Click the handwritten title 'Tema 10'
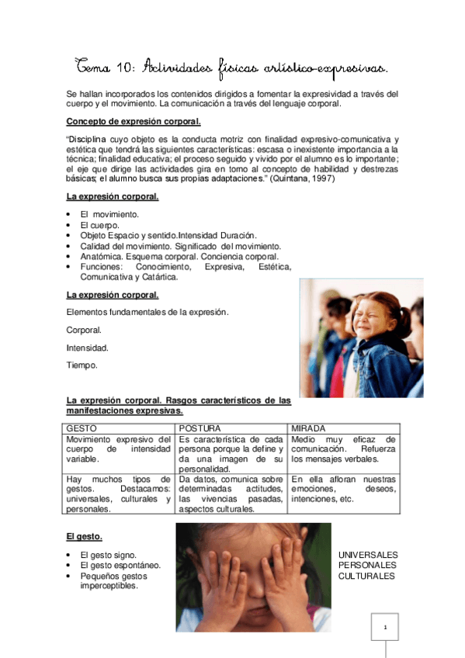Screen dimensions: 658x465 click(x=102, y=68)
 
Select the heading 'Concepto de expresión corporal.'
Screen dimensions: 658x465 click(x=134, y=122)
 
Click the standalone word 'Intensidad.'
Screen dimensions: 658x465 click(x=88, y=348)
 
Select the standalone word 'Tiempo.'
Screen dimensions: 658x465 click(x=82, y=365)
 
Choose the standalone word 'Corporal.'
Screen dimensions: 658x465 click(x=85, y=330)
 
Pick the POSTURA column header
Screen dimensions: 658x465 click(x=200, y=428)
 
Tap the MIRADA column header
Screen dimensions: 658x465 click(x=308, y=428)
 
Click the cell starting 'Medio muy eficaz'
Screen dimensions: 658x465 click(x=343, y=449)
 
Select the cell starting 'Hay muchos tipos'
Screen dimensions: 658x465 click(x=118, y=494)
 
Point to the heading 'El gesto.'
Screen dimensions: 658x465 click(x=85, y=536)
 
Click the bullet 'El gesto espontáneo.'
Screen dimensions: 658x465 click(x=120, y=566)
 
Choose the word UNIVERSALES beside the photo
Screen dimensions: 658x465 click(x=368, y=555)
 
